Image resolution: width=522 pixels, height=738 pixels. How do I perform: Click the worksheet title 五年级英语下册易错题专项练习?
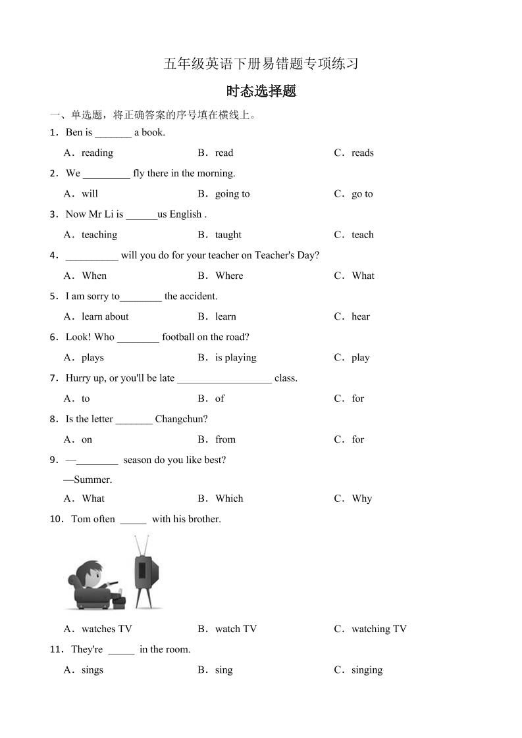click(x=261, y=64)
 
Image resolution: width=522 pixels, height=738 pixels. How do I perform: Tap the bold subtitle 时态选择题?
click(x=261, y=91)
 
